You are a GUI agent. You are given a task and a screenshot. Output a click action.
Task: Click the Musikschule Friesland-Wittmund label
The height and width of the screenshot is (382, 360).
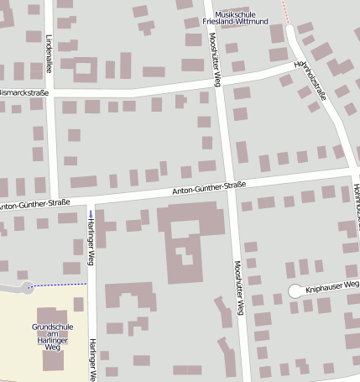[242, 18]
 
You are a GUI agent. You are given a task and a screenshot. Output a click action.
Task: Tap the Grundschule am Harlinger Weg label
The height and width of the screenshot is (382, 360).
[53, 336]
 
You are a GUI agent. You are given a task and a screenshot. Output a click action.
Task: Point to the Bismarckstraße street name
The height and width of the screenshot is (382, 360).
[25, 92]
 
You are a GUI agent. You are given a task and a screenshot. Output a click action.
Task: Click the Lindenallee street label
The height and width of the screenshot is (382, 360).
[50, 52]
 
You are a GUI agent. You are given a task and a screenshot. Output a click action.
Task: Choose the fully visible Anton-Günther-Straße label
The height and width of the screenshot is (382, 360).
[209, 188]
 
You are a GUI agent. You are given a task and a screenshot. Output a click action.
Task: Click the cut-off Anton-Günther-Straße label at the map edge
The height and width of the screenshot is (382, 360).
[34, 202]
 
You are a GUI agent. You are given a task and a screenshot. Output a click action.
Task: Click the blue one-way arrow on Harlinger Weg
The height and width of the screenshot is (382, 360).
[90, 215]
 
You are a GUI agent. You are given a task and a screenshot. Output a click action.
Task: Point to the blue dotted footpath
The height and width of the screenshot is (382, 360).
[59, 285]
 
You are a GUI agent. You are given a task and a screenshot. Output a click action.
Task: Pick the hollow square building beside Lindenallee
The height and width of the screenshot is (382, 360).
[85, 69]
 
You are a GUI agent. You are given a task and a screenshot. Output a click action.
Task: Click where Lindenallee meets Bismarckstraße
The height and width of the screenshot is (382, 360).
[50, 92]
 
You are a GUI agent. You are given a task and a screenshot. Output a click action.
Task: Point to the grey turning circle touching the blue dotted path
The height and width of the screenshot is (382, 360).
[25, 287]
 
